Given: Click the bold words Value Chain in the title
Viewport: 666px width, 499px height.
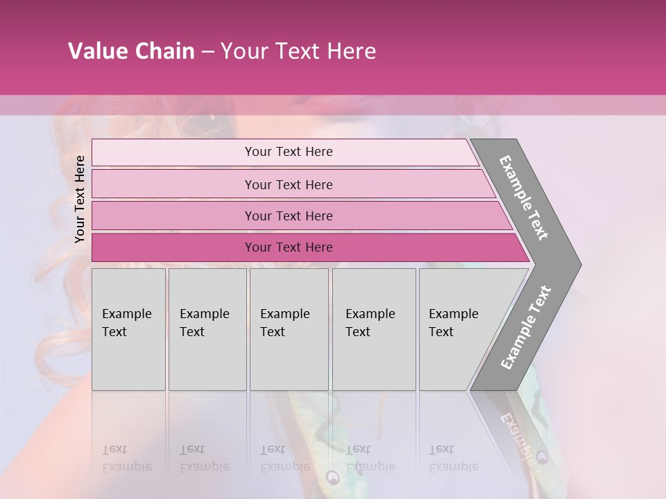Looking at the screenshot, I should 131,51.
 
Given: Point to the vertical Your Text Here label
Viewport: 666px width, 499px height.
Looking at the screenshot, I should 80,199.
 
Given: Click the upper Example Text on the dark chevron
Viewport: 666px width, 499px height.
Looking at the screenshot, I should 524,198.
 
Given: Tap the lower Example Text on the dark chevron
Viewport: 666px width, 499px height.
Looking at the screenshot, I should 526,327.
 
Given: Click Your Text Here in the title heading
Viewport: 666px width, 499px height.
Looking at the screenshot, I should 298,51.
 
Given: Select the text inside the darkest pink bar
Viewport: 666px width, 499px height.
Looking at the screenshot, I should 289,247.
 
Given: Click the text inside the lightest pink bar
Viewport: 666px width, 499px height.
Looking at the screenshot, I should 289,152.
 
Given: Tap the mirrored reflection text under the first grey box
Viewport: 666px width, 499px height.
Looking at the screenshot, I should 126,458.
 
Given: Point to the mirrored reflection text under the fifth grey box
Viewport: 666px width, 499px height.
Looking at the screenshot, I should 453,458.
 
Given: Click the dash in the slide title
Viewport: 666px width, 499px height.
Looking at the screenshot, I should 207,52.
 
